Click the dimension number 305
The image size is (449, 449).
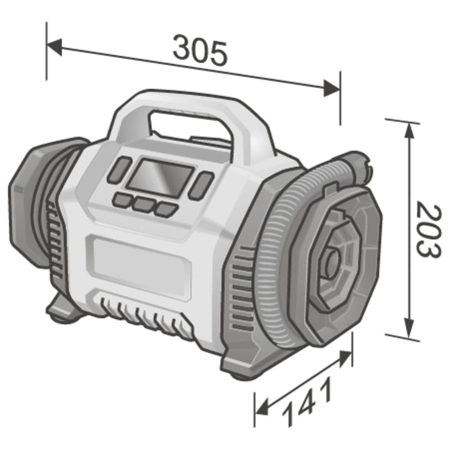pos(199,53)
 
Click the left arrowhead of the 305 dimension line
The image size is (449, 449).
pos(55,46)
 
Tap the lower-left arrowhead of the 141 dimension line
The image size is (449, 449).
pos(263,409)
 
